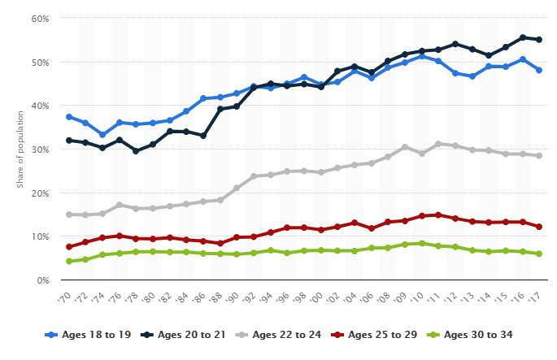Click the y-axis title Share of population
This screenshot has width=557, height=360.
tap(20, 150)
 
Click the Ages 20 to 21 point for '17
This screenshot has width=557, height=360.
tap(538, 39)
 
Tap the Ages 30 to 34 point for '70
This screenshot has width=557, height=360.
tap(69, 262)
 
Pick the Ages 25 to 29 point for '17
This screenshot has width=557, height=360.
tap(538, 227)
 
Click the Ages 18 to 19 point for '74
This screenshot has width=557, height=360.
tap(102, 135)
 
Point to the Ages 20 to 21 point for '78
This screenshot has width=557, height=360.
tap(136, 151)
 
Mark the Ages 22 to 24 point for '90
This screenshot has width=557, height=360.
tap(237, 188)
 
